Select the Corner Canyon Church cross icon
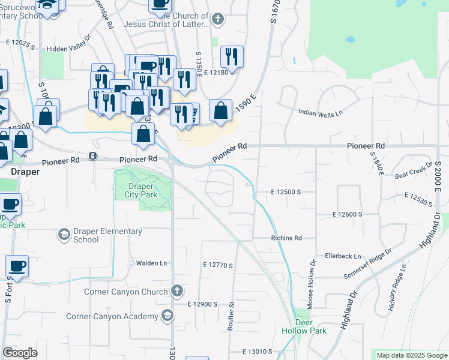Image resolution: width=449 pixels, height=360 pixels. click(x=176, y=292)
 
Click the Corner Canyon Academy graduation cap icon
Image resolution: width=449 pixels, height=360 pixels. click(x=167, y=316)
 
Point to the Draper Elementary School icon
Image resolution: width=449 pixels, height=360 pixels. click(x=64, y=235)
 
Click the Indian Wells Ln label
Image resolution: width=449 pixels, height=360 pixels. click(x=321, y=112)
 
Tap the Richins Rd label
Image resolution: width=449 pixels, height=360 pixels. click(x=286, y=238)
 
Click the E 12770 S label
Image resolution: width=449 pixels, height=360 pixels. click(x=218, y=265)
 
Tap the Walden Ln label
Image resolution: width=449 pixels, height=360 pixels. click(x=151, y=263)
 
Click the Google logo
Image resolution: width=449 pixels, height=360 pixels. click(x=20, y=353)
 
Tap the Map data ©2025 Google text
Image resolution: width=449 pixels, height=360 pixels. click(x=411, y=355)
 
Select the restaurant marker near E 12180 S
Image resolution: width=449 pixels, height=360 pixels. click(x=232, y=57)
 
